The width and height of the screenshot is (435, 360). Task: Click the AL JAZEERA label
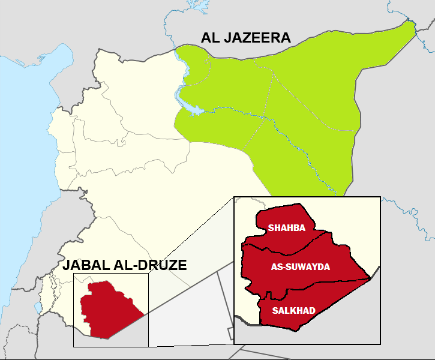pyautogui.click(x=246, y=38)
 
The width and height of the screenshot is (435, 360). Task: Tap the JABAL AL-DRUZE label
pyautogui.click(x=125, y=265)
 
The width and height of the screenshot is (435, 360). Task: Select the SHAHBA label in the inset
pyautogui.click(x=287, y=228)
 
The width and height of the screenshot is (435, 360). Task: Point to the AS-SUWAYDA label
pyautogui.click(x=300, y=266)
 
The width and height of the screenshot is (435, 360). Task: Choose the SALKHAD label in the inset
pyautogui.click(x=293, y=310)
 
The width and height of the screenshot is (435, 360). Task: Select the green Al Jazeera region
pyautogui.click(x=300, y=108)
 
